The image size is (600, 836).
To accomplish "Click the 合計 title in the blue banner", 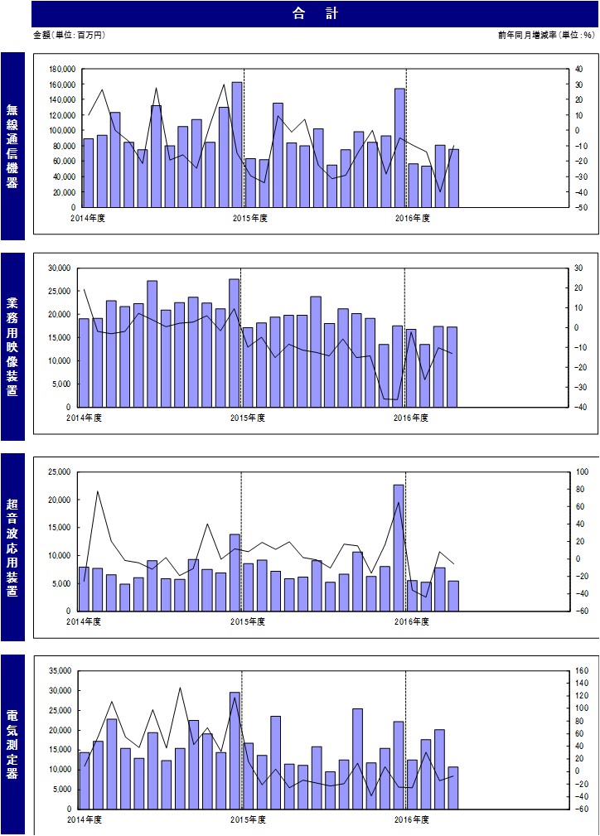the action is (x=315, y=14).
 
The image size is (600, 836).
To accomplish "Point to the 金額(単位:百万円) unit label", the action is (x=70, y=35).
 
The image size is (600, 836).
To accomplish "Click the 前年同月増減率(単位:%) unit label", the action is (x=546, y=35).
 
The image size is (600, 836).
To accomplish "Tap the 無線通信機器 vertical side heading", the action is (x=12, y=146).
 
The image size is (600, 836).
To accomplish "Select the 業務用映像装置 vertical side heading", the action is (x=12, y=346).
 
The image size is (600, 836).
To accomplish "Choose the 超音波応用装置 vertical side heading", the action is (x=12, y=547).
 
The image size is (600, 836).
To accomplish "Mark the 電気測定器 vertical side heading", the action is (x=12, y=744).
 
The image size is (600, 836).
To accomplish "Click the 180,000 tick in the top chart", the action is (x=62, y=70).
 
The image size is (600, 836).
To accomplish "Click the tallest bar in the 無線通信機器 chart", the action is (x=237, y=144).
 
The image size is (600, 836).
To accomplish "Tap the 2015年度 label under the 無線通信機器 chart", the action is (x=249, y=218).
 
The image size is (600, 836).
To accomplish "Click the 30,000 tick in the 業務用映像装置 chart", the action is (x=60, y=268).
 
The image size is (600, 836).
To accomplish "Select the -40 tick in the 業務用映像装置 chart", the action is (x=579, y=408).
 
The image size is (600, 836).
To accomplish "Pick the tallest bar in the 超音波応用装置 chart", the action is (x=399, y=548).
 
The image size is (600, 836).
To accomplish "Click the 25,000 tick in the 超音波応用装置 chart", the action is (x=60, y=471).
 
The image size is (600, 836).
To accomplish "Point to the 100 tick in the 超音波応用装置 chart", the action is (x=582, y=471).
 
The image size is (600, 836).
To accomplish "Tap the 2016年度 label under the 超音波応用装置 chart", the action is (x=412, y=621).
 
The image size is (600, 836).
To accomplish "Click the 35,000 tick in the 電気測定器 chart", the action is (x=60, y=671).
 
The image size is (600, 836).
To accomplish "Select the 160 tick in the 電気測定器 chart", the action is (x=582, y=671).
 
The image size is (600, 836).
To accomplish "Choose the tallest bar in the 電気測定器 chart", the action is (x=235, y=751).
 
